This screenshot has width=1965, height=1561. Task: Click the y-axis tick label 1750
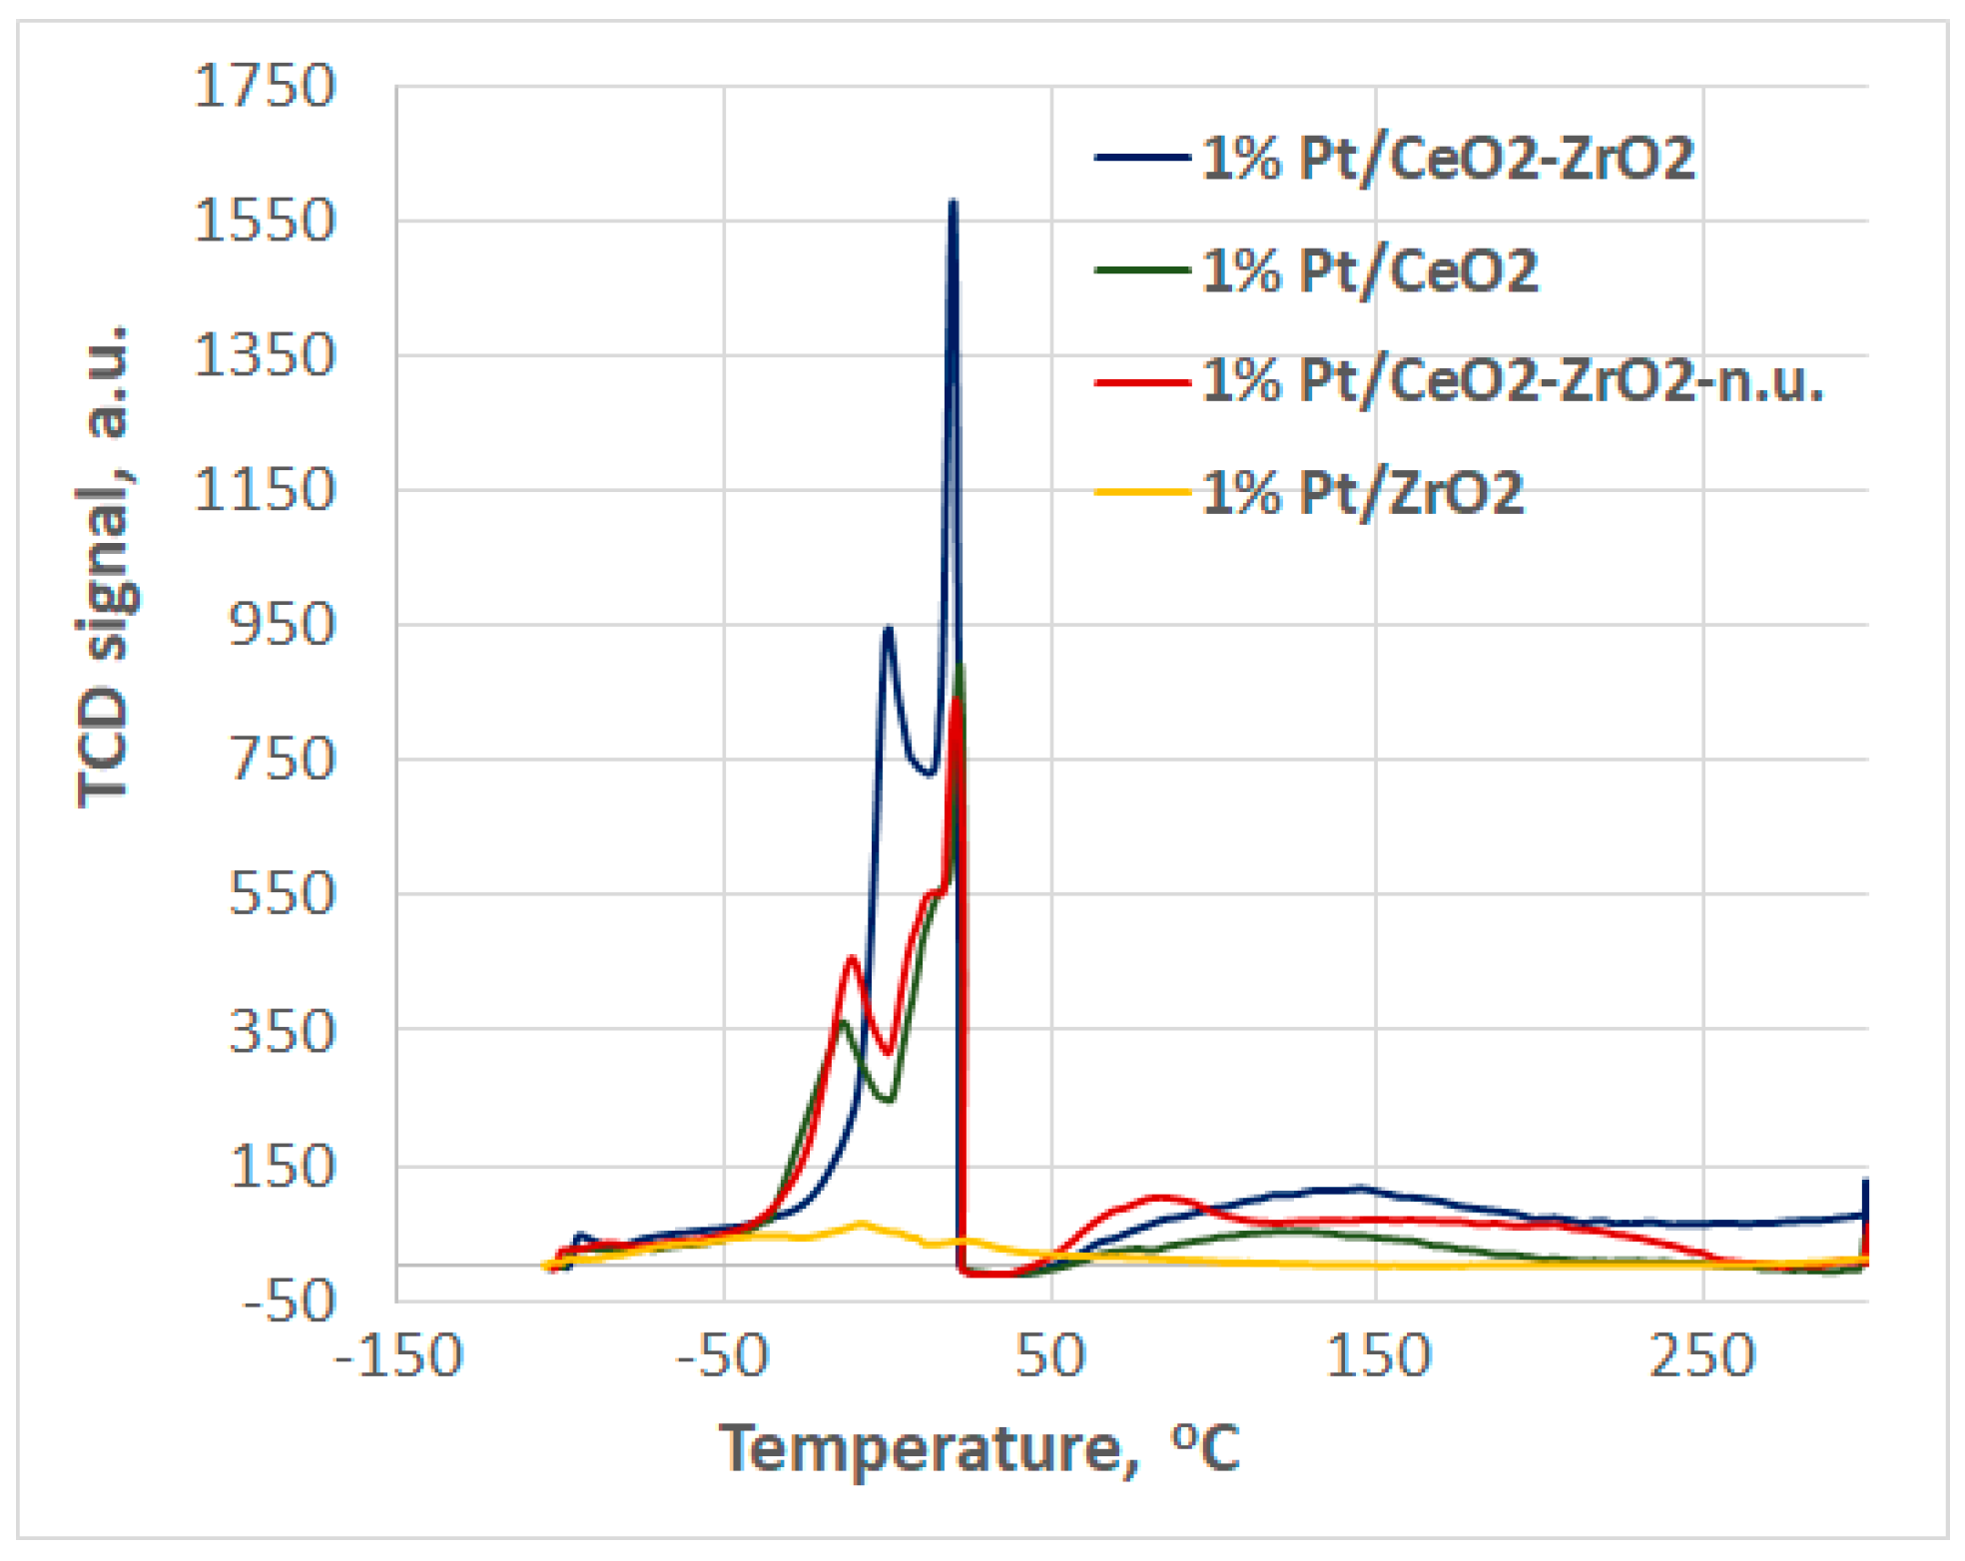coord(265,86)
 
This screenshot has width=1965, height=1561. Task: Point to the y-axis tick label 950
coord(282,626)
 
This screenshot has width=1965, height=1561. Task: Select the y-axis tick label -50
coord(289,1301)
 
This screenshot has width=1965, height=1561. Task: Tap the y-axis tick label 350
coord(282,1031)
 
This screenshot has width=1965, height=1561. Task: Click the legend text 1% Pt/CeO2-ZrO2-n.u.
coord(1512,381)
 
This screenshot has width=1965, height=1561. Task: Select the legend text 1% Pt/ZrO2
coord(1362,493)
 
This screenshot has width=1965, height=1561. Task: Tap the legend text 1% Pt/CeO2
coord(1369,270)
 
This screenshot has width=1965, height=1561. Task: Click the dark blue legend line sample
coord(1142,159)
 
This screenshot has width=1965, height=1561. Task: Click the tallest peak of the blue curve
coord(953,206)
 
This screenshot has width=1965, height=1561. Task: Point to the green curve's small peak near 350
coord(844,1022)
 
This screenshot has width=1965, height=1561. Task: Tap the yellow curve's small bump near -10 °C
coord(861,1223)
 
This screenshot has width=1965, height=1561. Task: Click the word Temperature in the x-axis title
coord(921,1448)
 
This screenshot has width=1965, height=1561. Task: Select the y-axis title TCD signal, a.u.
coord(104,565)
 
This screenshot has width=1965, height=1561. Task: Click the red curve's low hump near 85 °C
coord(1158,1196)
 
